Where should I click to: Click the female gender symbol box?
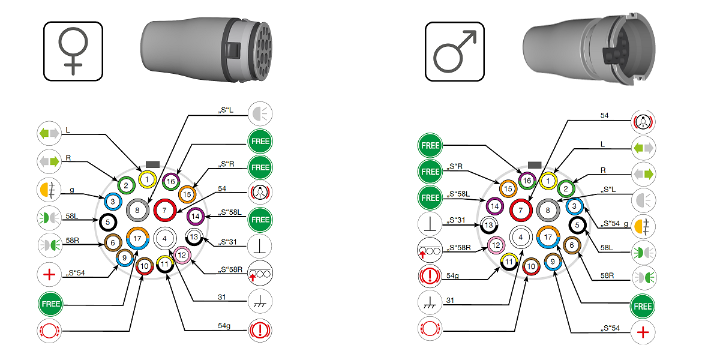[x=73, y=52]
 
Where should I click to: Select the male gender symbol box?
[x=455, y=52]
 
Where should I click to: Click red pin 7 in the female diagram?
[x=164, y=211]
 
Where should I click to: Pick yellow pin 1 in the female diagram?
[x=147, y=179]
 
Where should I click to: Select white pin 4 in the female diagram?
[x=164, y=238]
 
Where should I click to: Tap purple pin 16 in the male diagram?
[x=527, y=179]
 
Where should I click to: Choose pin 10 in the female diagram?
[x=144, y=266]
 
